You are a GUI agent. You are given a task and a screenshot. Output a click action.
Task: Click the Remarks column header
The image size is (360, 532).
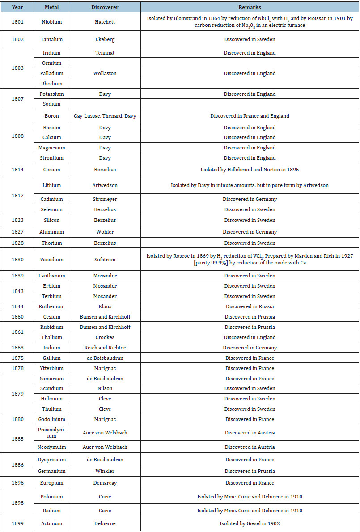(250, 7)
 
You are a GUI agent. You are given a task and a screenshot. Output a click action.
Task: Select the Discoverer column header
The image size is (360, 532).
(105, 7)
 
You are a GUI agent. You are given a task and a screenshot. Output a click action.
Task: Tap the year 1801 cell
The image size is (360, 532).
(17, 21)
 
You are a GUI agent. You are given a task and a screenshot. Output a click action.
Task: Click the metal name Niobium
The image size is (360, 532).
(51, 21)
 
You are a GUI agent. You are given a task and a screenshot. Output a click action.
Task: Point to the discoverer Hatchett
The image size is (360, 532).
(105, 21)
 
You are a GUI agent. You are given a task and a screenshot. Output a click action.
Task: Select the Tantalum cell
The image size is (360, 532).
(51, 39)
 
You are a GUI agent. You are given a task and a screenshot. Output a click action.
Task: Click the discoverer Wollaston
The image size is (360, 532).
(105, 73)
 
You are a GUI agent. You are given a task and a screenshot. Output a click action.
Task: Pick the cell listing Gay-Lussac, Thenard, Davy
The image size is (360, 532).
(105, 116)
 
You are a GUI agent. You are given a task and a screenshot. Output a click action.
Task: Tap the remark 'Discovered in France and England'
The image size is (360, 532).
(250, 116)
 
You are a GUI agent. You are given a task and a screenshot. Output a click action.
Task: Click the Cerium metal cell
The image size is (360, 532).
(51, 170)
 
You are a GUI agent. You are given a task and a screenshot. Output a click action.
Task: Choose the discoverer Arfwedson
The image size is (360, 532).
(105, 185)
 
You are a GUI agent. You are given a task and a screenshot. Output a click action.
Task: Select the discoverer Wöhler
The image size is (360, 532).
(105, 232)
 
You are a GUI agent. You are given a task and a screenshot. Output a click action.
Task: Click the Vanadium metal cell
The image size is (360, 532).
(51, 260)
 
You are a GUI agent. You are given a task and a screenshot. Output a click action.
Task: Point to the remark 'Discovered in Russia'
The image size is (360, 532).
(250, 306)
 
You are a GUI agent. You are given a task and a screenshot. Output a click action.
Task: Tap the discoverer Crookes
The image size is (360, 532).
(105, 337)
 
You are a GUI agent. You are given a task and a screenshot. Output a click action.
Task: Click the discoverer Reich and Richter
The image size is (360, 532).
(105, 348)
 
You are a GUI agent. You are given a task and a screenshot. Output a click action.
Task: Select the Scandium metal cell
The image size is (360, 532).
(51, 388)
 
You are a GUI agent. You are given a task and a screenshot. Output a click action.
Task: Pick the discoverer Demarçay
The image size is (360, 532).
(105, 483)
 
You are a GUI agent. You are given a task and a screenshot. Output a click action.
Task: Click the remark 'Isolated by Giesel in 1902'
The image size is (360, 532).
(250, 523)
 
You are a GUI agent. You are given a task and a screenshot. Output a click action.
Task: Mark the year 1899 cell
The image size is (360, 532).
(17, 523)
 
